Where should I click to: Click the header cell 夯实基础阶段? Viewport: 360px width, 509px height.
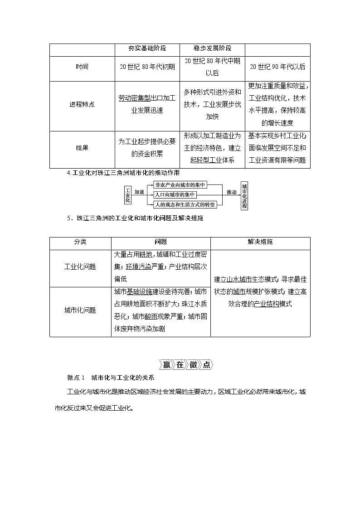coord(146,48)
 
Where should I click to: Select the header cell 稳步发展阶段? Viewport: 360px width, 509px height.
coord(212,48)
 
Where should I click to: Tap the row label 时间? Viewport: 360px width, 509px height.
coord(82,67)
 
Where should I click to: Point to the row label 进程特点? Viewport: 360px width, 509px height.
coord(82,104)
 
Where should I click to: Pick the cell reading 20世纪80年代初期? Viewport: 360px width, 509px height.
coord(147,67)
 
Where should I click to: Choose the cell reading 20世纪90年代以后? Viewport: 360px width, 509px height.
coord(277,67)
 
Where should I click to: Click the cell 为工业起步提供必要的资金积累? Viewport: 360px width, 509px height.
coord(147,148)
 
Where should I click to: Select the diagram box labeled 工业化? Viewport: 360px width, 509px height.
coord(127,194)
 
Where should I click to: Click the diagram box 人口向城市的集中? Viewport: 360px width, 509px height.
coord(175,194)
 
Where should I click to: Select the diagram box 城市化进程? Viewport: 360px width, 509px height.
coord(244,195)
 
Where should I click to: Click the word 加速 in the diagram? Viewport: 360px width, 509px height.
coord(140,192)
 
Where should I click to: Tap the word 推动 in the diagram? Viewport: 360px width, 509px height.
coord(231,192)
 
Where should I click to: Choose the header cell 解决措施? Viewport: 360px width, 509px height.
coord(260,242)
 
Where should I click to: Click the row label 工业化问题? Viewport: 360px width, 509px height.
coord(80,267)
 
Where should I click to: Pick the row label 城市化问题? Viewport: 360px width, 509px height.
coord(80,310)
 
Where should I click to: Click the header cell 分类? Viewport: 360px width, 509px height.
coord(80,242)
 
